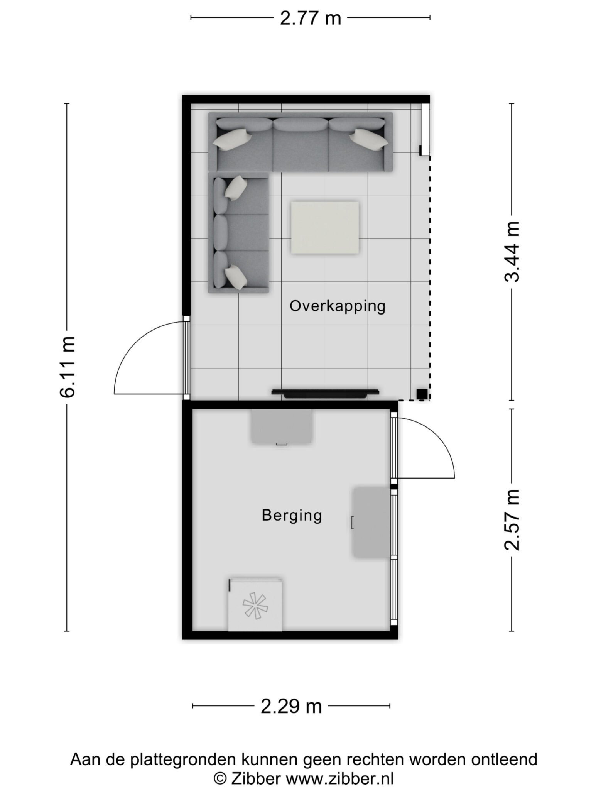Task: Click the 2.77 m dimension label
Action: [x=310, y=18]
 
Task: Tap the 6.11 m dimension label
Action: [x=67, y=367]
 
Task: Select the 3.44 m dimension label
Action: [x=513, y=252]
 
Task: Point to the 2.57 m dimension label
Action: [x=513, y=519]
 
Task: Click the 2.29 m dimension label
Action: [x=291, y=707]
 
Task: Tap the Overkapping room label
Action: [x=338, y=306]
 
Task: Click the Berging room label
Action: [x=292, y=516]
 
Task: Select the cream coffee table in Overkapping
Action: [x=325, y=228]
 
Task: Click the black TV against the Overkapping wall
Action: [x=325, y=393]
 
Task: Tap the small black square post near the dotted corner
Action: [x=422, y=394]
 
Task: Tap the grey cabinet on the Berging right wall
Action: [x=371, y=522]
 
